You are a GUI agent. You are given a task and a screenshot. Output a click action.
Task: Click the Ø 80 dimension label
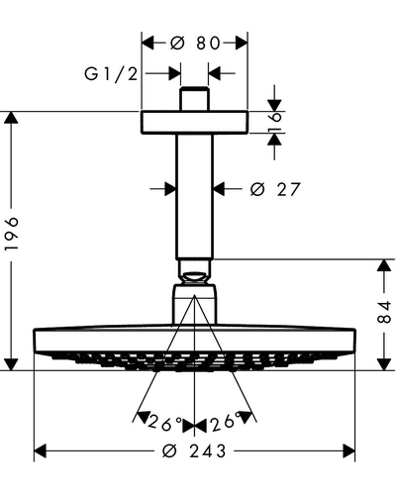[195, 44]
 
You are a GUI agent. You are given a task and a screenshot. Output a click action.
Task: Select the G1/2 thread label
[111, 73]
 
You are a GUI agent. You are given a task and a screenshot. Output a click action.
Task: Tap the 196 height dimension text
[12, 234]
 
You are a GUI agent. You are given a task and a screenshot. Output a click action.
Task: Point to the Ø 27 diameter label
[275, 189]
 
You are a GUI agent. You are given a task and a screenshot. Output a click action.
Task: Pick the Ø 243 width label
[194, 451]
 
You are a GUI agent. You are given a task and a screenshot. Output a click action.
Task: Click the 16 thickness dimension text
[275, 123]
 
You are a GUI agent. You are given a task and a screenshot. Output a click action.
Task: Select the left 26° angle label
[165, 423]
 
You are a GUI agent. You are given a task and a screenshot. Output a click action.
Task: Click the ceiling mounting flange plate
[195, 123]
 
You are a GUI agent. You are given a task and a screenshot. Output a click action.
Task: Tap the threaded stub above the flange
[195, 99]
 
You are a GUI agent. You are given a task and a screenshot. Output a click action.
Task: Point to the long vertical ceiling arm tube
[194, 196]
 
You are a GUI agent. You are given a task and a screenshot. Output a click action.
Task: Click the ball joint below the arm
[195, 277]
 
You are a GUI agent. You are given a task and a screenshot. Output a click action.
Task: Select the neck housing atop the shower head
[195, 304]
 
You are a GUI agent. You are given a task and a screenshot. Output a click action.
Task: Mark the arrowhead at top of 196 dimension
[11, 118]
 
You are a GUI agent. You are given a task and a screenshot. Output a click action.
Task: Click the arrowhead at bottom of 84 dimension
[384, 364]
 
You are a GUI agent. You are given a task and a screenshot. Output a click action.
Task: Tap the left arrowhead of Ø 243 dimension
[41, 451]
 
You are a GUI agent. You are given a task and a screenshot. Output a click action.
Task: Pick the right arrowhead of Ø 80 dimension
[242, 44]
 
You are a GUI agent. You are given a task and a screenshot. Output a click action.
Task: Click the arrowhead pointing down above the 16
[274, 105]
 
